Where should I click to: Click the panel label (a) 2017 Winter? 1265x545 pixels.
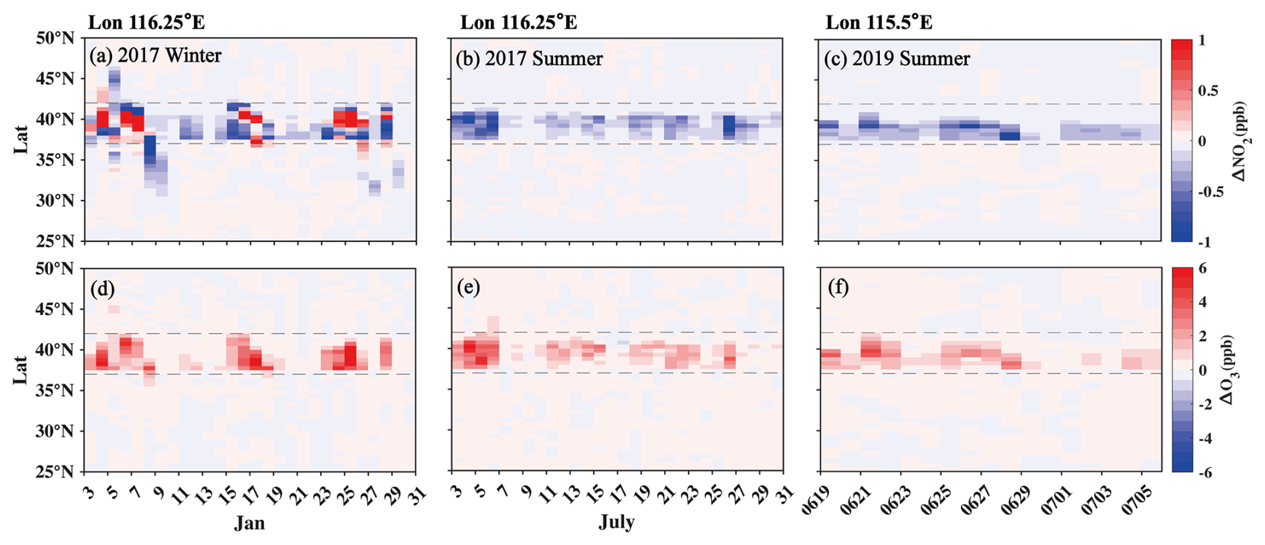155,55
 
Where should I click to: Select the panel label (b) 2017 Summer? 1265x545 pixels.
529,59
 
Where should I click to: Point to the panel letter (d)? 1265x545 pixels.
102,288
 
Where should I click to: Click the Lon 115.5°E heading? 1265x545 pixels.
879,23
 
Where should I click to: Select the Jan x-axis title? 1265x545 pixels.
249,523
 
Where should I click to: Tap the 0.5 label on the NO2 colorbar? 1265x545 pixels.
1209,91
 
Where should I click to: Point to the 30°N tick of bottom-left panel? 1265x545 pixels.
55,431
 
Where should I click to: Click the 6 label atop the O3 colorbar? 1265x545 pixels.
1201,267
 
